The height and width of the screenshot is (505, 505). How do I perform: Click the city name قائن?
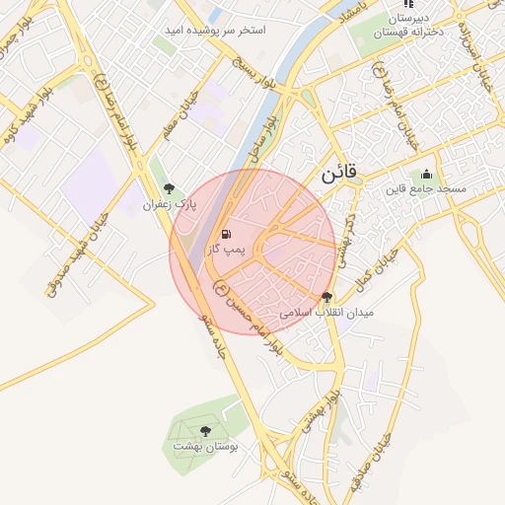coord(342,174)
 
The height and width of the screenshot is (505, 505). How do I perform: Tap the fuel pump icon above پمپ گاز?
coord(227,235)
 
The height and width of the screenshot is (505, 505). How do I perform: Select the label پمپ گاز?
coord(225,252)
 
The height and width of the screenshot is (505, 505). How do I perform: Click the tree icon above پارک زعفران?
coord(169,188)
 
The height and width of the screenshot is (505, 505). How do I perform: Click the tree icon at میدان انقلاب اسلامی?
coord(326,297)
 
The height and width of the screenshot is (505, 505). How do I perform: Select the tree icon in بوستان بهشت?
coord(205,430)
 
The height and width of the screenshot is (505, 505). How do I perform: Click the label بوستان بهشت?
coord(205,446)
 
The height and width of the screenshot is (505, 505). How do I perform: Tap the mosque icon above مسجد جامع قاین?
coord(426,175)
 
